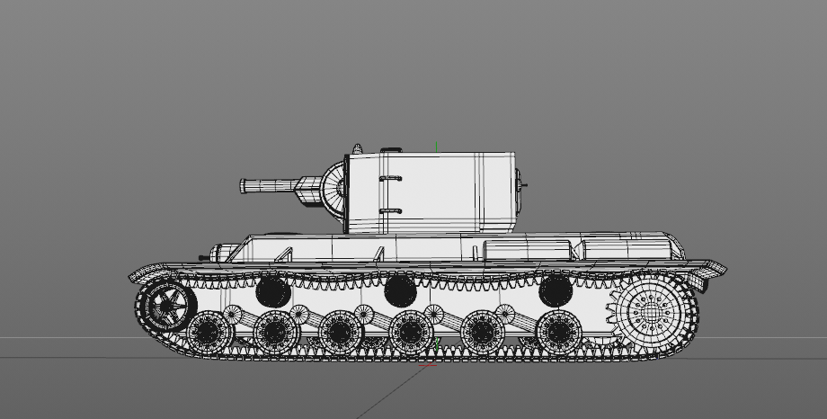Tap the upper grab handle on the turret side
pyautogui.click(x=388, y=179)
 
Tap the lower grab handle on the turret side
pyautogui.click(x=388, y=211)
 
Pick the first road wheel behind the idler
pyautogui.click(x=209, y=332)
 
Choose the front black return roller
pyautogui.click(x=273, y=291)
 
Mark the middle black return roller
pyautogui.click(x=400, y=290)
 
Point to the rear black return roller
pyautogui.click(x=555, y=290)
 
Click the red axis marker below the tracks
pyautogui.click(x=428, y=366)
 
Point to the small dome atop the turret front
pyautogui.click(x=357, y=148)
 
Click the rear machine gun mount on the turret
pyautogui.click(x=522, y=185)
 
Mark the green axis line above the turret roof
pyautogui.click(x=437, y=143)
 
